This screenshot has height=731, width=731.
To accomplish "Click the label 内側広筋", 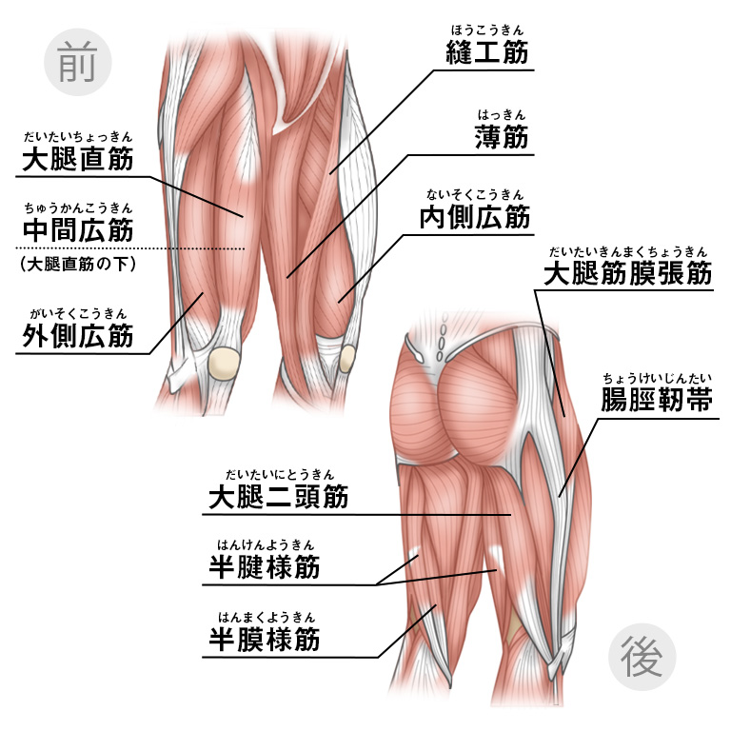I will (474, 217).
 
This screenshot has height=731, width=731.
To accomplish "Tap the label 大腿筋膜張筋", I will (627, 274).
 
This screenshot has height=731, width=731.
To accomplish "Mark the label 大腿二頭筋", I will (278, 496).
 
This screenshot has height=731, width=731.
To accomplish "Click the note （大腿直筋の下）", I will (77, 264).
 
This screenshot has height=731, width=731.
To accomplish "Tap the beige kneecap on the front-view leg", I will (225, 362).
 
